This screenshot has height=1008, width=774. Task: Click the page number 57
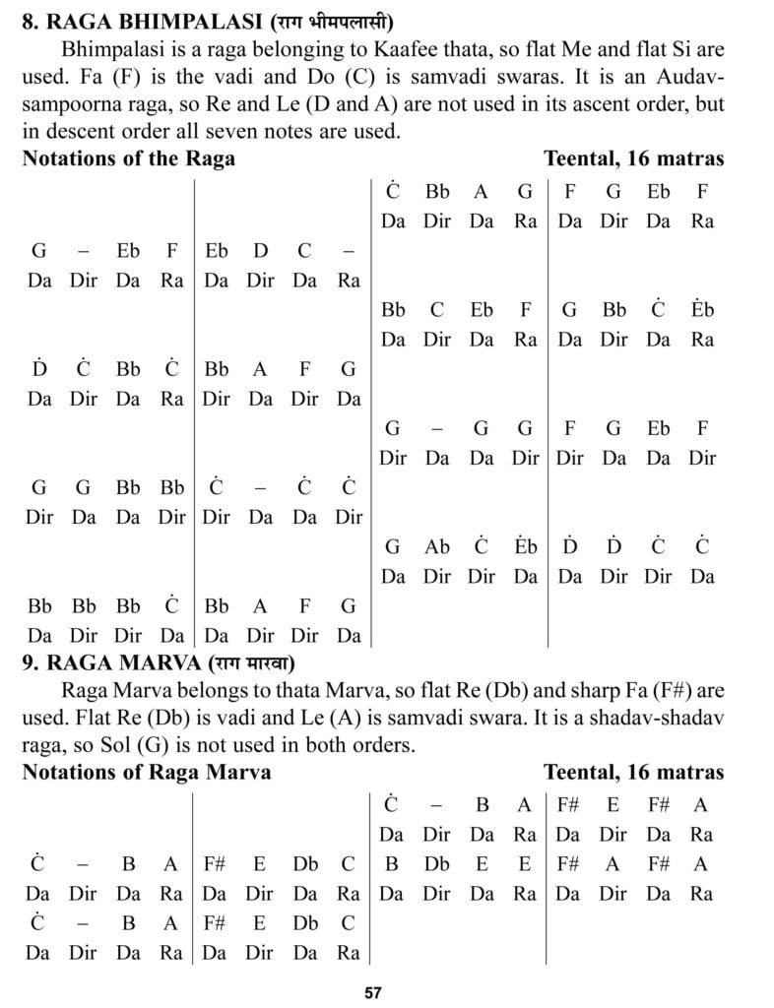(x=372, y=992)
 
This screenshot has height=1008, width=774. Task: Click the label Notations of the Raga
(x=128, y=157)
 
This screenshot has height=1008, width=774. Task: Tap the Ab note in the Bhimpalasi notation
(x=436, y=547)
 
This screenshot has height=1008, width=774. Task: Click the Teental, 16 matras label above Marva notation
(x=633, y=772)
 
